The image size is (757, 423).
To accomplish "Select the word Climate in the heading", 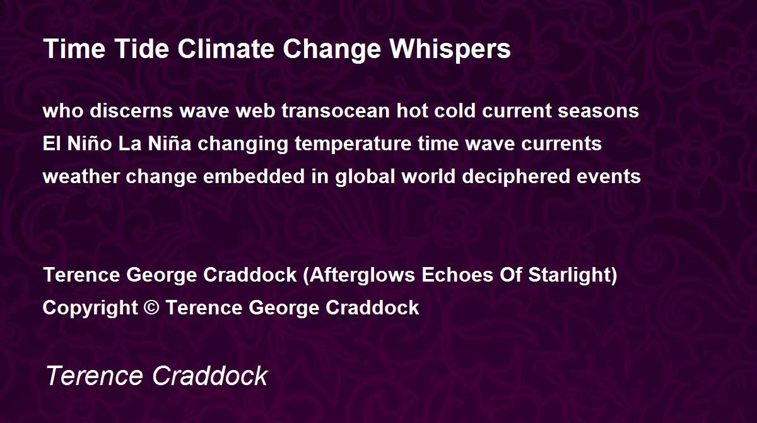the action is (226, 49).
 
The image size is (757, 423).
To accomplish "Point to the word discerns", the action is (131, 110).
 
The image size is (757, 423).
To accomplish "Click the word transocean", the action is (336, 111).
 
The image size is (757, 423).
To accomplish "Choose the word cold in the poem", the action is (455, 110).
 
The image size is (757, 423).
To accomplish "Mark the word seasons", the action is (598, 112).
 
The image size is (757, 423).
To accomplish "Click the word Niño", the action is (90, 143).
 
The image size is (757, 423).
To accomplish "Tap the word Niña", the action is (170, 143).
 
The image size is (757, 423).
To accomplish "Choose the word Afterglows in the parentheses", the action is (362, 275).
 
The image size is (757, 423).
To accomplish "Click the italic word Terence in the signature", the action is (94, 376).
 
